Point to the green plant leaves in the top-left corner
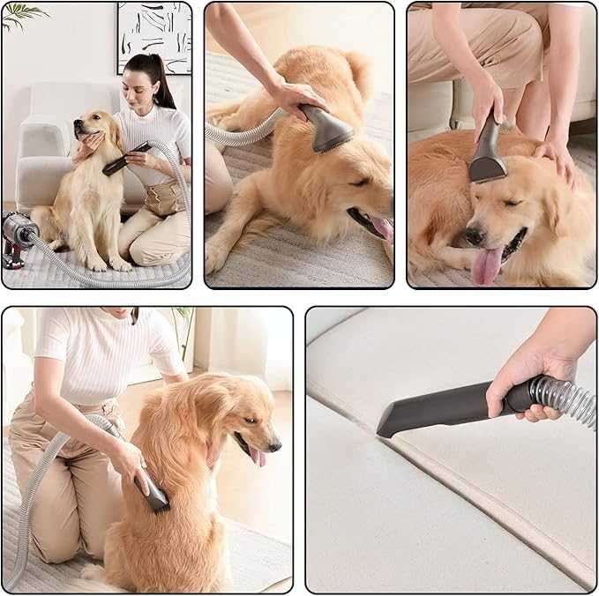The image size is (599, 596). tap(22, 13)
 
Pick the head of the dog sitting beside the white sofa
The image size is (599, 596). tap(95, 132)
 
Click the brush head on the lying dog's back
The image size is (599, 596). tap(328, 130)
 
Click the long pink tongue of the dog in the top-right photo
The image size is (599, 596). tap(486, 265)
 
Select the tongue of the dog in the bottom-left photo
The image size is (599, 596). tap(258, 456)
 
